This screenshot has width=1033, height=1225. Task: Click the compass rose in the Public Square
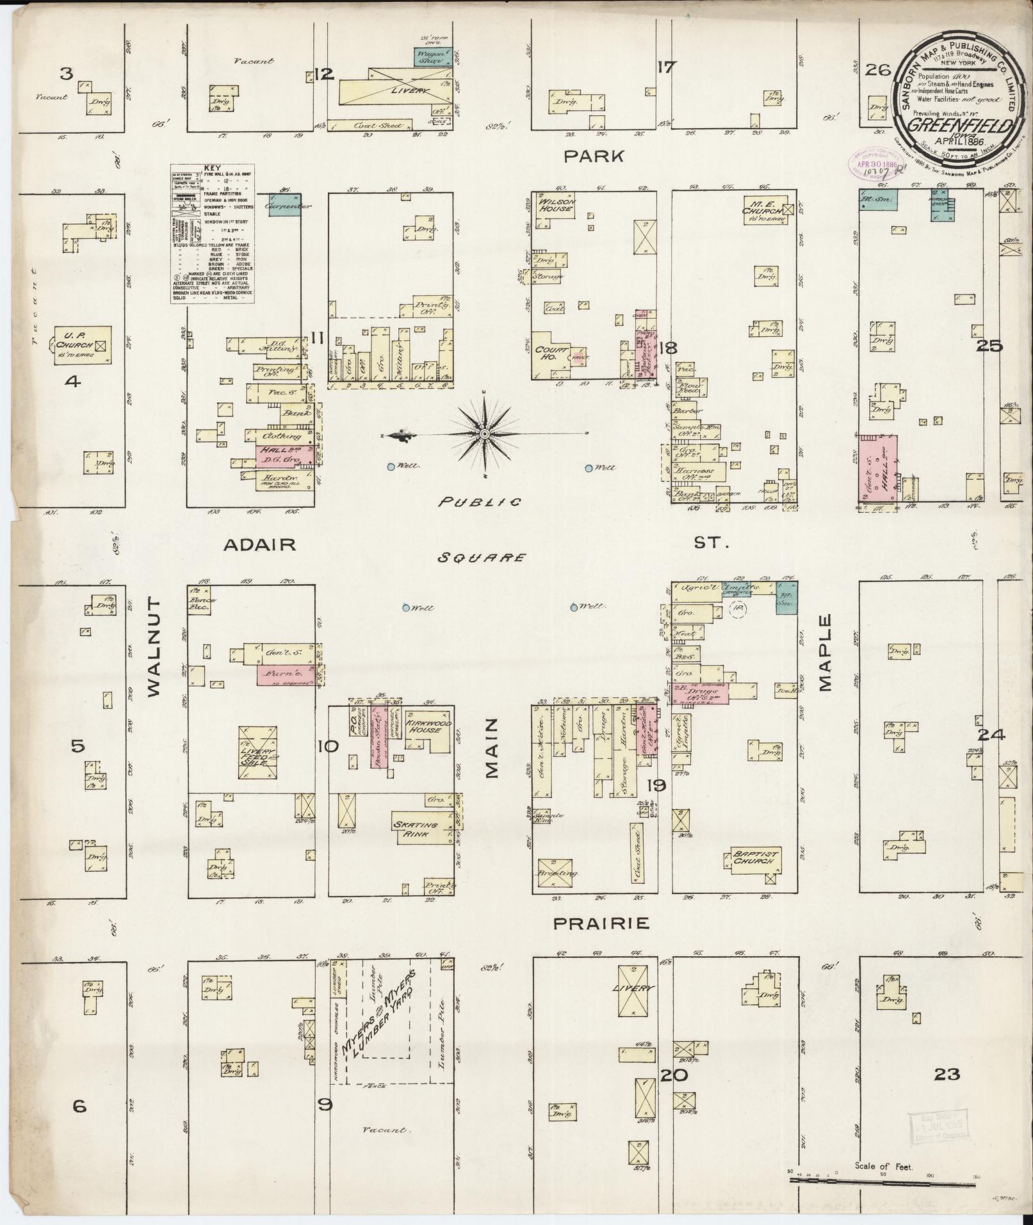pos(485,434)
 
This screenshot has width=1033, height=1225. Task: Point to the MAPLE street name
pos(824,653)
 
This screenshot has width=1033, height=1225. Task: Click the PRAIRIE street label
pos(601,923)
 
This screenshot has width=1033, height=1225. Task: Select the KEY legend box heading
pos(211,168)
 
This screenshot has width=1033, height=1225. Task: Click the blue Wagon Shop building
pos(432,56)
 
